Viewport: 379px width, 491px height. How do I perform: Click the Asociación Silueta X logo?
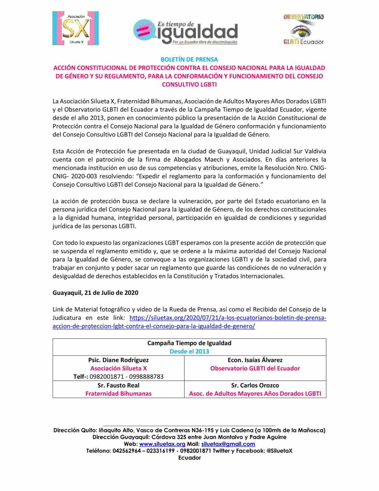tap(75, 28)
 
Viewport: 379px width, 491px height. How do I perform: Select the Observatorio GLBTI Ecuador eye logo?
tap(303, 29)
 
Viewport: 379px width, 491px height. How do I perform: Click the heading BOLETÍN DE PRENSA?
tap(189, 59)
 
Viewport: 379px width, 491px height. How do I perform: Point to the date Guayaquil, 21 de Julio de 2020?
tap(95, 293)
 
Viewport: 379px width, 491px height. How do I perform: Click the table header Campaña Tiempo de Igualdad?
tap(189, 343)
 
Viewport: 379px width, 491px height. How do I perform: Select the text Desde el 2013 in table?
tap(189, 351)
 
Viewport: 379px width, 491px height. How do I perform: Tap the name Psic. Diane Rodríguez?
tap(118, 360)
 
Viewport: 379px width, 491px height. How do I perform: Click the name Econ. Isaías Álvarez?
tap(255, 360)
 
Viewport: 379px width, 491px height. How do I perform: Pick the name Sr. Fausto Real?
tap(118, 385)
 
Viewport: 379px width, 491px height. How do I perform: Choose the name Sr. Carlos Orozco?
tap(255, 385)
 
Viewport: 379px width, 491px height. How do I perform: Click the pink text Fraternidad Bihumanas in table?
tap(118, 393)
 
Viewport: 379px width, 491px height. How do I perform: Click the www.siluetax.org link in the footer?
tap(162, 444)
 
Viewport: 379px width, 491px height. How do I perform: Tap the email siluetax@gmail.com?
tap(228, 444)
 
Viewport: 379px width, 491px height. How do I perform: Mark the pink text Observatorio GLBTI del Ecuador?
tap(255, 368)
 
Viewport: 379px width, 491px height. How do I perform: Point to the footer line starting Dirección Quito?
tap(189, 430)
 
